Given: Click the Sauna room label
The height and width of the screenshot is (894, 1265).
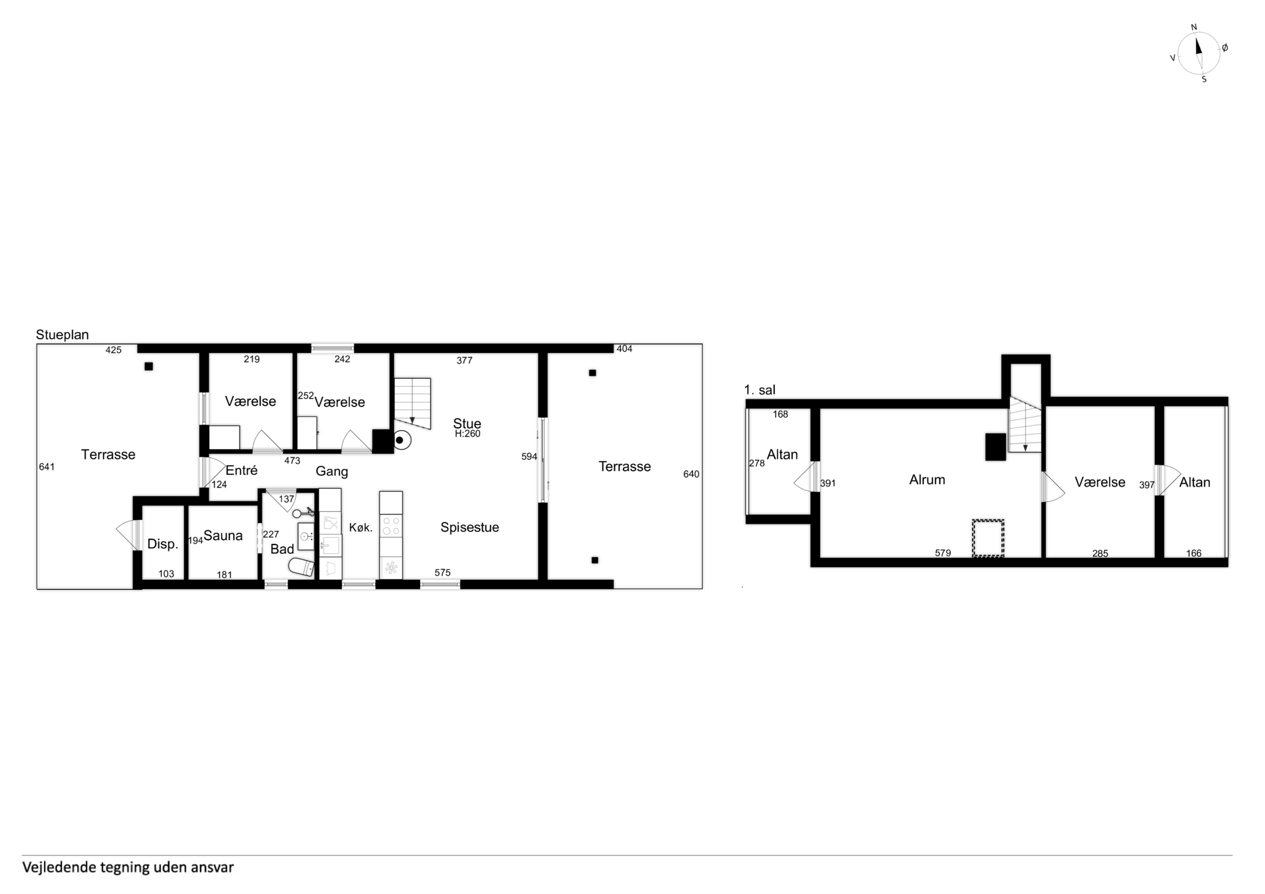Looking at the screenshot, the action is [223, 536].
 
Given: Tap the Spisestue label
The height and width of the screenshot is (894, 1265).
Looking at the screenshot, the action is [470, 528].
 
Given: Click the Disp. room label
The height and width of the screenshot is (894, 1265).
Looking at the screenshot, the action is [163, 544].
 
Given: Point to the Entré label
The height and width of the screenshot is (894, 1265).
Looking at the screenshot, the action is [241, 470].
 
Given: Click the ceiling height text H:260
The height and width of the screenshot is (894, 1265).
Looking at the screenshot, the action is [467, 434].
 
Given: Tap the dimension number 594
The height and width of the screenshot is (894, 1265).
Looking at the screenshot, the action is [529, 457].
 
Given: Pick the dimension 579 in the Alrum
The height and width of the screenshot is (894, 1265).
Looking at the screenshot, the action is [943, 553].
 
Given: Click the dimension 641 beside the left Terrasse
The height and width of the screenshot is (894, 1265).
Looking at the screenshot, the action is [47, 467].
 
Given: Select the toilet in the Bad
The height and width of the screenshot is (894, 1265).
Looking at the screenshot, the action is [301, 566].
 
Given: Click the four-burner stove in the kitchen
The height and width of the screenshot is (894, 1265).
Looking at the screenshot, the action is [390, 526].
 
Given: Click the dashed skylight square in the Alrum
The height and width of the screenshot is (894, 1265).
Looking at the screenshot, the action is [988, 538].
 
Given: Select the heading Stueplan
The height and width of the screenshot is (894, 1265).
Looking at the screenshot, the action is [62, 335].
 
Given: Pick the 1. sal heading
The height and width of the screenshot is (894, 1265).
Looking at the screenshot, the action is [760, 390].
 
